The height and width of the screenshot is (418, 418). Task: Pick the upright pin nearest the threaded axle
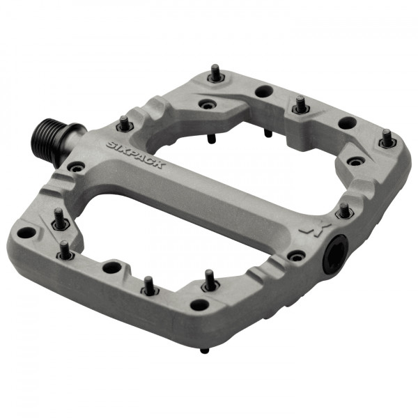point(123,124)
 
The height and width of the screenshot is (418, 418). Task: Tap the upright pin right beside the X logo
point(343,210)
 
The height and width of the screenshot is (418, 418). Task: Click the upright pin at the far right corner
point(387,139)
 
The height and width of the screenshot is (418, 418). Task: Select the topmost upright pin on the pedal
point(216,73)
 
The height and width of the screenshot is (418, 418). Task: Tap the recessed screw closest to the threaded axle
point(75,167)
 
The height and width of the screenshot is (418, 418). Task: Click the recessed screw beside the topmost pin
point(205,104)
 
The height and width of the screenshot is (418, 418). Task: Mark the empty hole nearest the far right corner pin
point(347,123)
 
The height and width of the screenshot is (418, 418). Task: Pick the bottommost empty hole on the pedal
point(200,304)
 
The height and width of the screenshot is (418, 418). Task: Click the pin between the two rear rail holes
point(300,105)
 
